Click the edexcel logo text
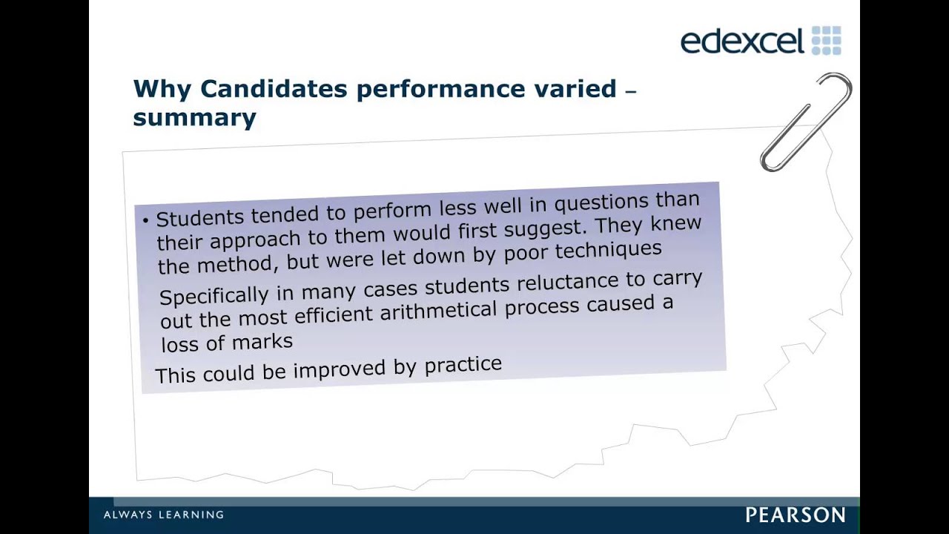pos(742,41)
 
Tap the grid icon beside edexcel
pos(826,40)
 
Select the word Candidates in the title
pos(274,88)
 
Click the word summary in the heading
pos(194,118)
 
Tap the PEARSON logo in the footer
pos(796,515)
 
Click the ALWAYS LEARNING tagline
pos(164,515)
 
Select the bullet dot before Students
pos(146,220)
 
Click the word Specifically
pos(214,294)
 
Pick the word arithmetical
pos(438,311)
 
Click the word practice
pos(463,364)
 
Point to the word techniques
pos(609,251)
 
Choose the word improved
pos(340,369)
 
